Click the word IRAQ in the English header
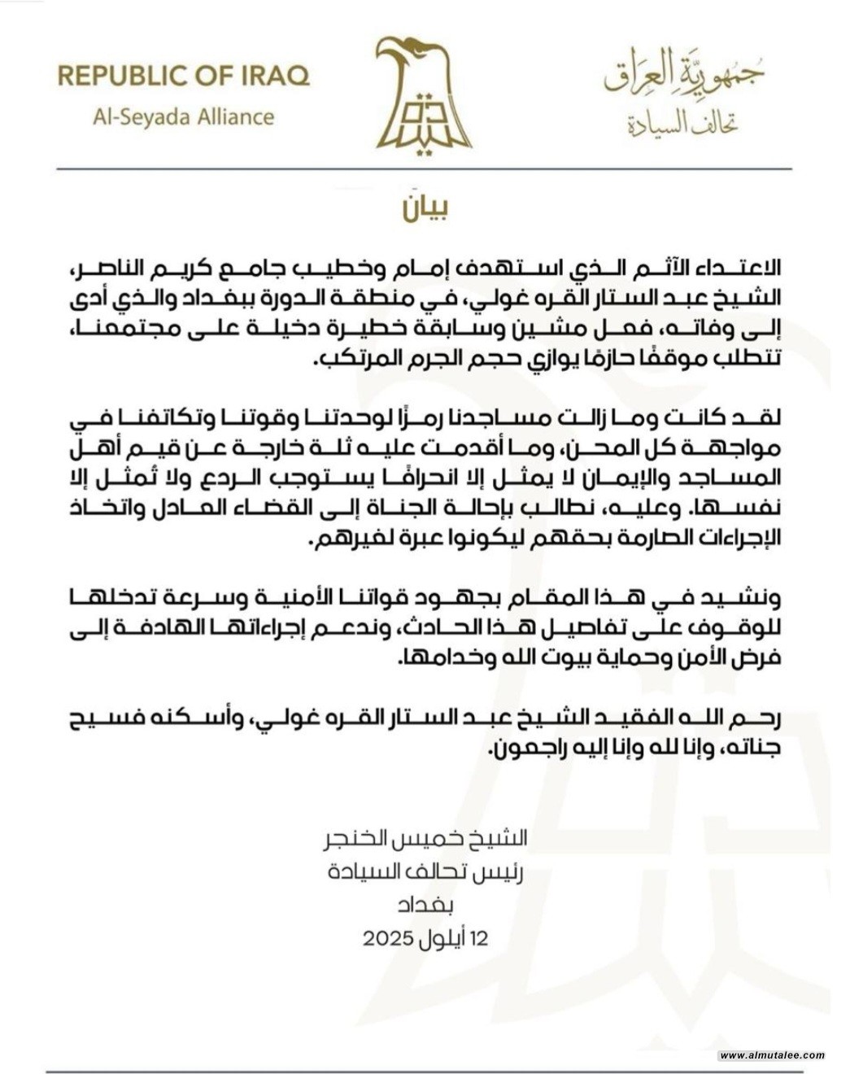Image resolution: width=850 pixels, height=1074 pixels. click(x=273, y=76)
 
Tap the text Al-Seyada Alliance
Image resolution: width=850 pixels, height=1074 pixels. click(x=184, y=116)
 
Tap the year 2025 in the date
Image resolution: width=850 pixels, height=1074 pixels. click(x=390, y=938)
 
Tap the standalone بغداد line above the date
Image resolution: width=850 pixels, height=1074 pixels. click(x=425, y=905)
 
